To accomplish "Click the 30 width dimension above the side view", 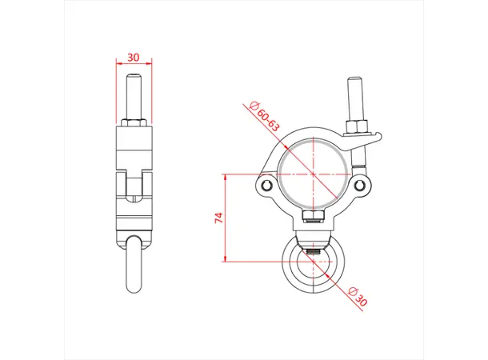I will [x=134, y=58].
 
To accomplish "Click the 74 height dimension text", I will [x=218, y=217].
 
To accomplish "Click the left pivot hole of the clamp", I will [x=267, y=187].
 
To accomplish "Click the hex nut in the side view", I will [x=134, y=123].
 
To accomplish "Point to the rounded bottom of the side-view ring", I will [x=134, y=292].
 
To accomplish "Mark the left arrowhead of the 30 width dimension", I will [x=118, y=65].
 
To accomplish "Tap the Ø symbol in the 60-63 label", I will [x=254, y=106].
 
